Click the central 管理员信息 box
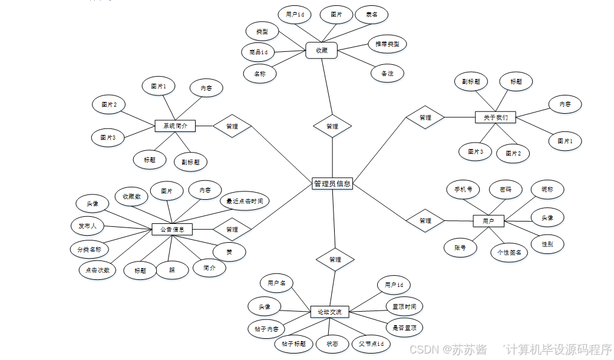click(x=332, y=184)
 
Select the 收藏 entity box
click(x=321, y=51)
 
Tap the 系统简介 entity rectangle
click(x=175, y=125)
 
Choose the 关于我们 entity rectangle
click(x=496, y=117)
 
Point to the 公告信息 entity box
click(x=172, y=229)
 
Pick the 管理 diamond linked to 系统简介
click(x=232, y=126)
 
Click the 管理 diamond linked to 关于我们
click(x=425, y=117)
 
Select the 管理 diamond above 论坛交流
click(x=335, y=259)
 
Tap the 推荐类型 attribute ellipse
click(x=387, y=44)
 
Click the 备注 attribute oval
click(x=387, y=74)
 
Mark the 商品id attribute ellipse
click(x=258, y=52)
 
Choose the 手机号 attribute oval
click(x=463, y=190)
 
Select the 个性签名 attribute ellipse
click(x=509, y=252)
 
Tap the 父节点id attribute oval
click(x=371, y=344)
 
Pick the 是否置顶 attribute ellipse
click(x=404, y=328)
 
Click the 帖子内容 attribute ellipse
click(x=267, y=328)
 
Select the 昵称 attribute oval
click(x=547, y=189)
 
